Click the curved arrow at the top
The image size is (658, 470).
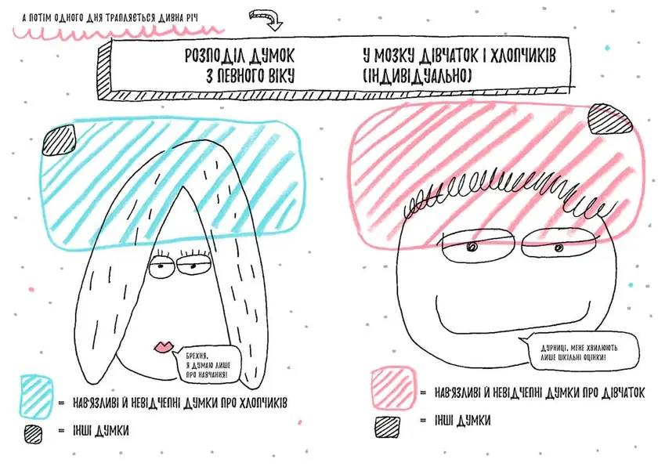click(267, 20)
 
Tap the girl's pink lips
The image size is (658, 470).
click(164, 346)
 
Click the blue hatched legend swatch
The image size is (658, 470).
click(37, 396)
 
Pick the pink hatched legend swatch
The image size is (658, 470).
click(392, 388)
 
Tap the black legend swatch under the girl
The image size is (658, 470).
click(33, 433)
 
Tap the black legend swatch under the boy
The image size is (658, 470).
click(387, 427)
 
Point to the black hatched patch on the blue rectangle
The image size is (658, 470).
click(60, 140)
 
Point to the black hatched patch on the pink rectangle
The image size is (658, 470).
click(609, 120)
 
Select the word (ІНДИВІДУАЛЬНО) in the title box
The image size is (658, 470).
click(417, 75)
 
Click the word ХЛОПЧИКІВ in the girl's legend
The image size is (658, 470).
click(263, 403)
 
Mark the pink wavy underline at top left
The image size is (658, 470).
click(117, 32)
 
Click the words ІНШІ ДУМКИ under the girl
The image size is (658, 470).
click(101, 430)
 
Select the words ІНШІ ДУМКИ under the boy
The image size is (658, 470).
click(462, 420)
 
